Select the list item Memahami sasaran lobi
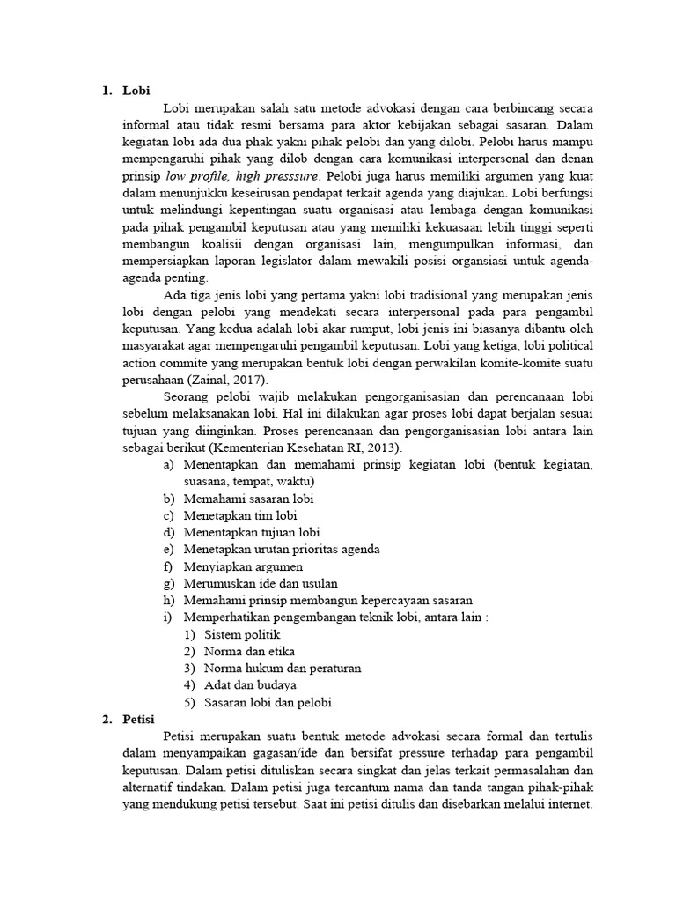tap(249, 499)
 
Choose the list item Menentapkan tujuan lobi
tap(252, 532)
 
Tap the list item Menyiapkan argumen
tap(243, 566)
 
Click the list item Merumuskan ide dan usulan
tap(261, 583)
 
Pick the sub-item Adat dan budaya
tap(250, 684)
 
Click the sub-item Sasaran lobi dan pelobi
tap(269, 702)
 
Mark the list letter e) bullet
tap(168, 550)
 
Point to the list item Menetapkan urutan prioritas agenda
tap(282, 550)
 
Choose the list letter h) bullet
tap(168, 600)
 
